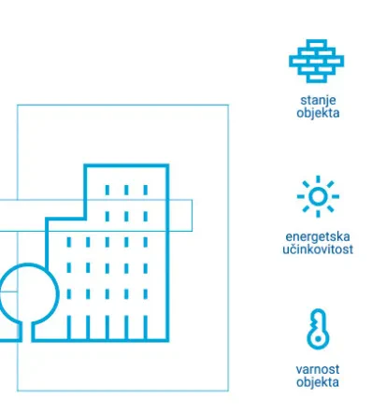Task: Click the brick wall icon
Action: (x=316, y=61)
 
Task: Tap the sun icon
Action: (x=318, y=196)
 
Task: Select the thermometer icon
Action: (x=318, y=329)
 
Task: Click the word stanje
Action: (x=318, y=100)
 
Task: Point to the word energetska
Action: (x=318, y=236)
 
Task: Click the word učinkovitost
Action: (x=318, y=249)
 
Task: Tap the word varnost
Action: (x=318, y=369)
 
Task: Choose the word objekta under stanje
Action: (x=318, y=113)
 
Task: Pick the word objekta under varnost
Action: (x=318, y=382)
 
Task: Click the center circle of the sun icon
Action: (x=318, y=196)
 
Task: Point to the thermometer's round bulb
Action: (x=318, y=338)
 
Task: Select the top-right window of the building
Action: (x=146, y=190)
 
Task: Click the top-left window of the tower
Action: (x=107, y=190)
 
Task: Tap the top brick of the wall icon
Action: (x=316, y=44)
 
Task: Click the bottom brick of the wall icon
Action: (x=316, y=78)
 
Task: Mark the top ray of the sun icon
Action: (x=318, y=179)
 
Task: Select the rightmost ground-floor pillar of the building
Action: (x=146, y=327)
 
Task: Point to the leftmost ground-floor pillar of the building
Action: (x=69, y=327)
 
